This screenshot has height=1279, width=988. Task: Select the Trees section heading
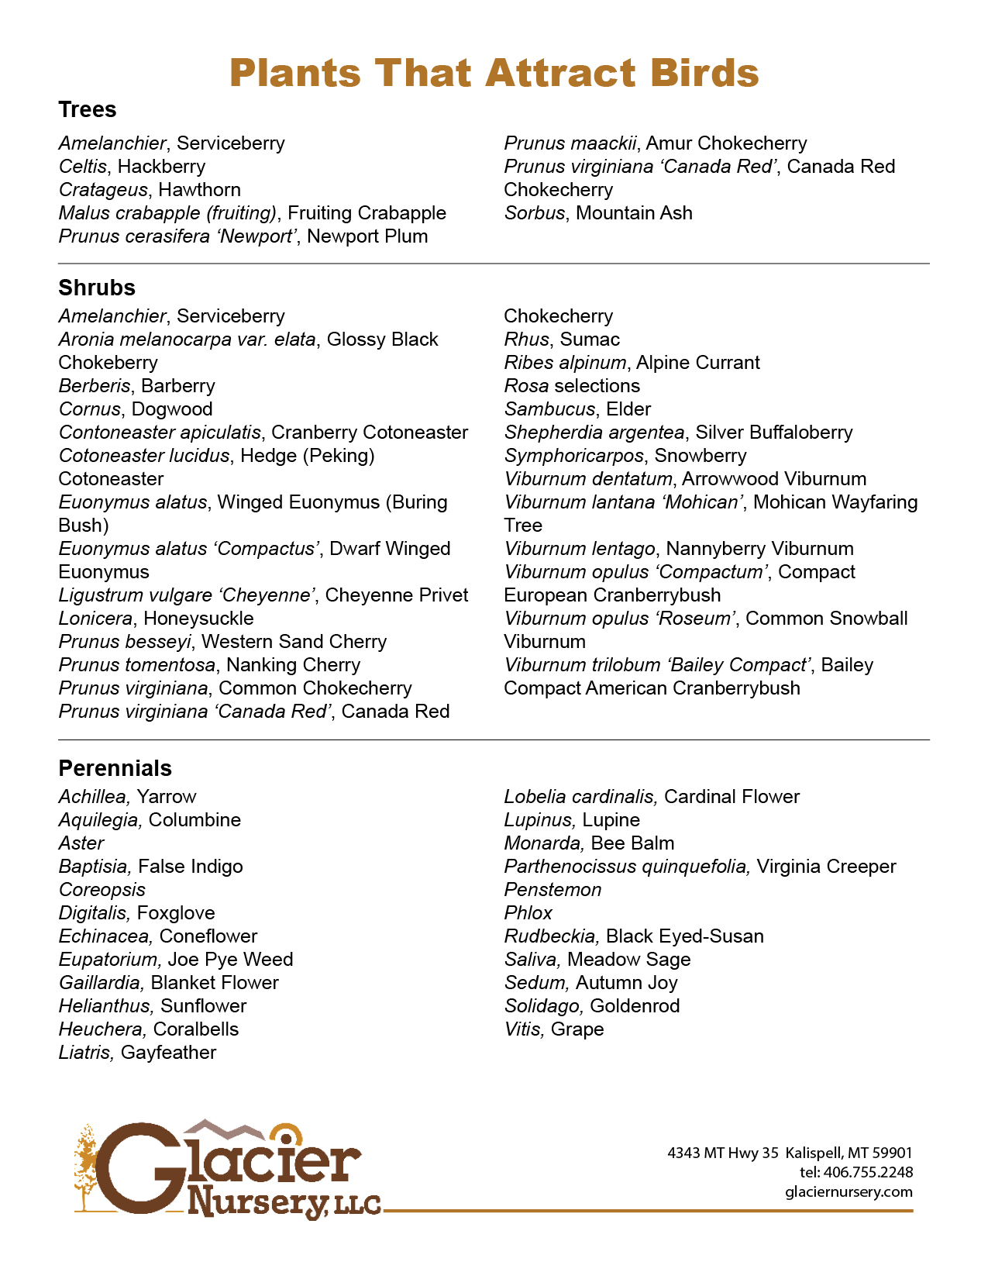point(88,110)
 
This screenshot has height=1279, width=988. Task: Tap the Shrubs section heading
point(97,288)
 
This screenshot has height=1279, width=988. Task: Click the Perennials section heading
point(115,768)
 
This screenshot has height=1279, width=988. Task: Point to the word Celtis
point(84,167)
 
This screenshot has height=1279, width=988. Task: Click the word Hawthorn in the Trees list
point(199,190)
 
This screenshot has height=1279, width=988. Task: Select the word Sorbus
point(534,213)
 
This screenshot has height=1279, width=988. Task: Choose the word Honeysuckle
point(198,619)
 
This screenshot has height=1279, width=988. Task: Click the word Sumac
point(590,340)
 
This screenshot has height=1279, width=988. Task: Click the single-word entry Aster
point(81,843)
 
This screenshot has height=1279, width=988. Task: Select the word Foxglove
point(176,913)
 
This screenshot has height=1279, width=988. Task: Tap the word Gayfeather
point(168,1053)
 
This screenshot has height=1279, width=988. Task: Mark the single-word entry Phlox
point(528,913)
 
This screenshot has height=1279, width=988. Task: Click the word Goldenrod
point(635,1006)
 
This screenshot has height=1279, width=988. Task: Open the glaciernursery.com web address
point(849,1192)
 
